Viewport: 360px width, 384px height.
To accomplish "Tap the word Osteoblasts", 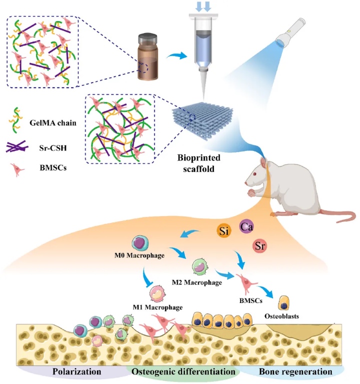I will tap(282, 316).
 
